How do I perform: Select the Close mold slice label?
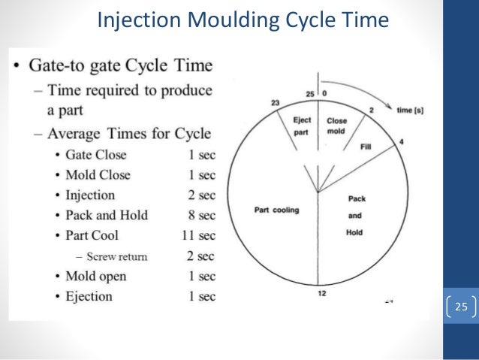coord(337,125)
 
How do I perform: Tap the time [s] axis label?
coord(409,110)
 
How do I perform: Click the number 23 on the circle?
coord(276,103)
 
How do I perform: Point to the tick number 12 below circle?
coord(321,293)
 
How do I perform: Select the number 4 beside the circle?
coord(401,141)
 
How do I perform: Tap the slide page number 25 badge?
coord(461,307)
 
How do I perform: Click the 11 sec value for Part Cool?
coord(198,235)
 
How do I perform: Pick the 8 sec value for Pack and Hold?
coord(203,215)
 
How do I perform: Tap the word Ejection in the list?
coord(88,296)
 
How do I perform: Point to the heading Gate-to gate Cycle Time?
coord(120,65)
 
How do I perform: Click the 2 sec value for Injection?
coord(203,195)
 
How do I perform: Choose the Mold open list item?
coord(95,276)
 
